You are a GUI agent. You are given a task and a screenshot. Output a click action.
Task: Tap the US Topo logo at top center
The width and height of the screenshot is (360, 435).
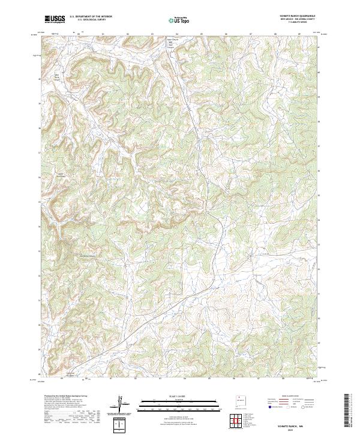pos(180,20)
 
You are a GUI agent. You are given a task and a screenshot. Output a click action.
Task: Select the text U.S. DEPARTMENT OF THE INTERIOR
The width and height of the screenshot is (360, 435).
pos(91,17)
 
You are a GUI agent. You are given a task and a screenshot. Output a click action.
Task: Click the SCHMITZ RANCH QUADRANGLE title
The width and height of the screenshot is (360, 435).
pos(297,17)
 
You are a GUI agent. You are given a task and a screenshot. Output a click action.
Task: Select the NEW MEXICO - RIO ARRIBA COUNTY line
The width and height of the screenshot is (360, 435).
pos(297,20)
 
